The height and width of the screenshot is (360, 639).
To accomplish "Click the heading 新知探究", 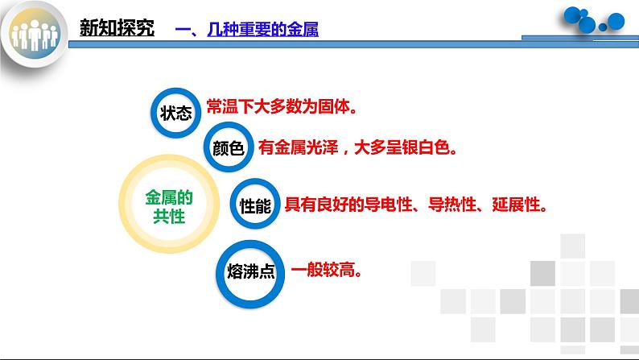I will pyautogui.click(x=117, y=29).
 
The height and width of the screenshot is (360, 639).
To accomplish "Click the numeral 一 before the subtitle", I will pyautogui.click(x=182, y=30).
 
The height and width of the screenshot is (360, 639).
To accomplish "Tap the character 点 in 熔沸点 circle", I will pyautogui.click(x=266, y=271).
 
